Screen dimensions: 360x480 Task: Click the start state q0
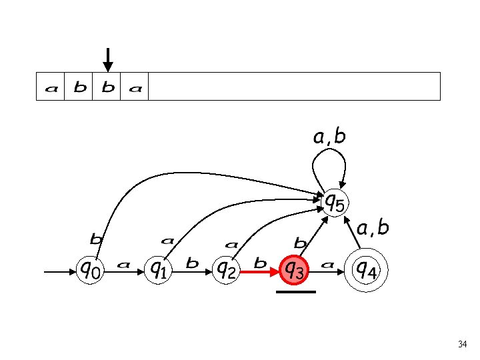[x=91, y=270]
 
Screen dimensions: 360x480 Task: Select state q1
[x=158, y=270]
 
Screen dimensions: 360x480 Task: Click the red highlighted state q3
[x=295, y=270]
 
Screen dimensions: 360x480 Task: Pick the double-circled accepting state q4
[x=365, y=269]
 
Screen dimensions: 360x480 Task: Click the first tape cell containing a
[x=51, y=87]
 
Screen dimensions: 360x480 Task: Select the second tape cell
[x=79, y=87]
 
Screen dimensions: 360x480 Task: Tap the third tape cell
[x=107, y=87]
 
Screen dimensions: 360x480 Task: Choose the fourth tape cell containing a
[x=135, y=87]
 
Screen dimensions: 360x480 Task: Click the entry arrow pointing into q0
[x=61, y=271]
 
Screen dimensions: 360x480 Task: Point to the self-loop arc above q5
[x=328, y=160]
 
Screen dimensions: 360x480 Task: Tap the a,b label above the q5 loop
[x=329, y=137]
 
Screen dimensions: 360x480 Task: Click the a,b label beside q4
[x=373, y=229]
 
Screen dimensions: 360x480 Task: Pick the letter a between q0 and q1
[x=123, y=265]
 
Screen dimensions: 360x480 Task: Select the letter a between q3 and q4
[x=327, y=265]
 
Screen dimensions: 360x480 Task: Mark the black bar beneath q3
[x=295, y=291]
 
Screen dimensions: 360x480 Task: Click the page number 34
[x=463, y=345]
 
